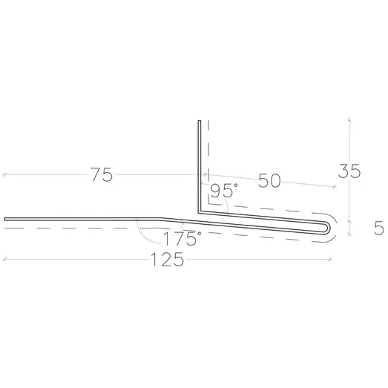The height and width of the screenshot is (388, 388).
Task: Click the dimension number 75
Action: tap(102, 174)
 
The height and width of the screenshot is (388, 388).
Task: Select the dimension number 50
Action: tap(269, 180)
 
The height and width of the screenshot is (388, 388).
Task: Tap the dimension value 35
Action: tap(349, 171)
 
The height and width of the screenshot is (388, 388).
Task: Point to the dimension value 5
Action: tap(379, 228)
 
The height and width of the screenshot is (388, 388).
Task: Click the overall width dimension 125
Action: tap(168, 260)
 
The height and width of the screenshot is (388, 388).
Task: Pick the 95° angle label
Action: tap(224, 191)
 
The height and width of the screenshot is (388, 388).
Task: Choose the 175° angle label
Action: tap(183, 238)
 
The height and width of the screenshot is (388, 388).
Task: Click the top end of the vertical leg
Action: tap(200, 121)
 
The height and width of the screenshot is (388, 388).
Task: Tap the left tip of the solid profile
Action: tap(4, 220)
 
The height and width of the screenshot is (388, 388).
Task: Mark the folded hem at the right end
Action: tap(328, 227)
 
